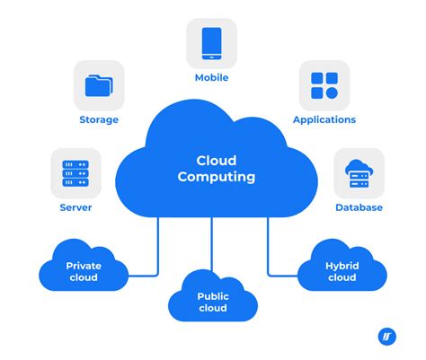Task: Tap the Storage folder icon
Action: tap(98, 85)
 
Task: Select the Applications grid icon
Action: tap(324, 85)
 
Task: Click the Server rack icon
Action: tap(75, 172)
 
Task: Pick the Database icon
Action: tap(359, 172)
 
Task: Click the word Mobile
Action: tap(212, 78)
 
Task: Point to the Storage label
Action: tap(98, 120)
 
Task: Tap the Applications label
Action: tap(324, 120)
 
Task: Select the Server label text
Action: tap(75, 207)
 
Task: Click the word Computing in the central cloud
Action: tap(216, 178)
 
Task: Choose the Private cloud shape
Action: tap(84, 269)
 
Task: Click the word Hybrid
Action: tap(343, 266)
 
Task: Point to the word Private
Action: tap(84, 266)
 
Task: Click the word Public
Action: tap(213, 295)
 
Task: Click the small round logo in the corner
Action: tap(387, 337)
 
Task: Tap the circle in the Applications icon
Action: tap(332, 92)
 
